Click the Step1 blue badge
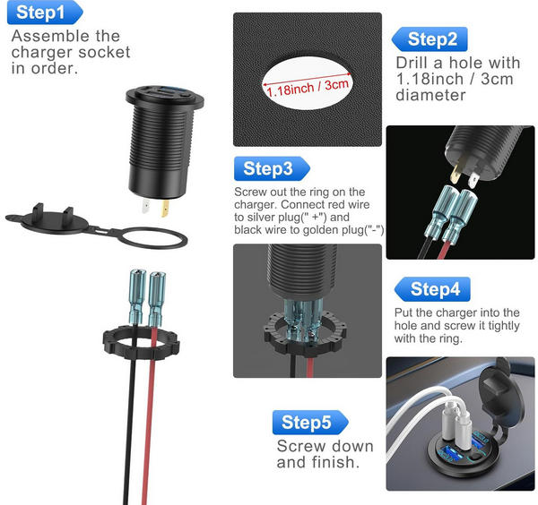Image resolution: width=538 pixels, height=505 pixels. pos(45,13)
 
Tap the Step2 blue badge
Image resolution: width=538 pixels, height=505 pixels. pos(430,39)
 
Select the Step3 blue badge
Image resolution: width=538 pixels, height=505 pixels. pos(272,168)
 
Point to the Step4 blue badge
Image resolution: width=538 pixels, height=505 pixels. pos(432,289)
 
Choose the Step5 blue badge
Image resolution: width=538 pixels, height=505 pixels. pos(310,422)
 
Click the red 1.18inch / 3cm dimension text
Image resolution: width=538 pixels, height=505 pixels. pos(308,88)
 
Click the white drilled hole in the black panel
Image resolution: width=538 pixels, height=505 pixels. pos(307,83)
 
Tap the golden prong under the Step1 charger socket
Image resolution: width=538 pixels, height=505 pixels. pos(165,208)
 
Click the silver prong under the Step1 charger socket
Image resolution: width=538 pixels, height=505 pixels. pos(146,206)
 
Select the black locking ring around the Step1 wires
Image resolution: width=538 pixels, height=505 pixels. pos(141,351)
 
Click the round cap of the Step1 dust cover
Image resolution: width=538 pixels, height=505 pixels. pos(55,222)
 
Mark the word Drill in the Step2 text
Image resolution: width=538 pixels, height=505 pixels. pos(412,63)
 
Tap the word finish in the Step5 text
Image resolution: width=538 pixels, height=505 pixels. pos(334,462)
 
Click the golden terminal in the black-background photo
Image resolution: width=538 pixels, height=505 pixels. pos(456,173)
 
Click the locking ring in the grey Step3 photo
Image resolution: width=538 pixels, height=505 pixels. pos(305,333)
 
